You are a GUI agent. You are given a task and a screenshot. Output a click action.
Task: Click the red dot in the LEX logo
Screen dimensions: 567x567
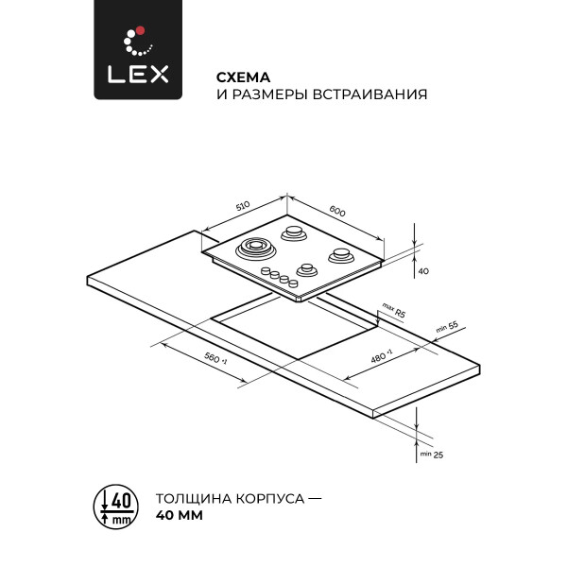coord(141,30)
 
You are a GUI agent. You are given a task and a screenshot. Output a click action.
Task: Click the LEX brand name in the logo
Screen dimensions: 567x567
coord(138,74)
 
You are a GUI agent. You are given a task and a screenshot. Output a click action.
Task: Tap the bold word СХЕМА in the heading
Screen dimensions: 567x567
coord(244,77)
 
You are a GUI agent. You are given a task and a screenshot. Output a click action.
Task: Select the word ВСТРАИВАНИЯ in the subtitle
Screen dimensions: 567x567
coord(369,94)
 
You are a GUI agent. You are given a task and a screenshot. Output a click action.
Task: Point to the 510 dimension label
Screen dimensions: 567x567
coord(243,205)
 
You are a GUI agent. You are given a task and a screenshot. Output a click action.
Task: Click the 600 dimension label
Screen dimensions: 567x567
coord(337,211)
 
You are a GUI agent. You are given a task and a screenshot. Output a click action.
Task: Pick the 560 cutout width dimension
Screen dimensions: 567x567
coord(215,358)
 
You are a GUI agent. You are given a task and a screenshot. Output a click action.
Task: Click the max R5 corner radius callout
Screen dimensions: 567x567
coord(393,311)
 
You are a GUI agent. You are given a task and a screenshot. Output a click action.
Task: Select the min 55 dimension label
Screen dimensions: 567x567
coord(447,327)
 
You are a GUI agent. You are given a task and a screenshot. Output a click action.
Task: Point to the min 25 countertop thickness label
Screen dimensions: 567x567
coord(432,455)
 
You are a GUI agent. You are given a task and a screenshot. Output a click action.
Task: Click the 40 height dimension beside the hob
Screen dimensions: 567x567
coord(423,271)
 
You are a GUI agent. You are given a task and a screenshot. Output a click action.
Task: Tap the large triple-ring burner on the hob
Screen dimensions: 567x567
coord(256,249)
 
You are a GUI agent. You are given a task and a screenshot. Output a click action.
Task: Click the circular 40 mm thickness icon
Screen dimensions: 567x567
coord(116,507)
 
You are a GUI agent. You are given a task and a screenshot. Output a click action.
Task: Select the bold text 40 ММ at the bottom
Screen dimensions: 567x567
coord(180,515)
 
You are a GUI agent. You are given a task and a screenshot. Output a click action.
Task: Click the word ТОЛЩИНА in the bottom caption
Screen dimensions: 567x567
coord(194,499)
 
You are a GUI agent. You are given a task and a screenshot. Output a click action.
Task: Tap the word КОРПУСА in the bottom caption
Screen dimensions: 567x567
coord(270,499)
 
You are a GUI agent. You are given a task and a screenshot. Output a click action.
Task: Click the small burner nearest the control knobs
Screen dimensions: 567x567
coord(307,269)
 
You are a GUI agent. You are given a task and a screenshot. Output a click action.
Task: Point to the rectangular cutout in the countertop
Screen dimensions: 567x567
coord(294,327)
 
